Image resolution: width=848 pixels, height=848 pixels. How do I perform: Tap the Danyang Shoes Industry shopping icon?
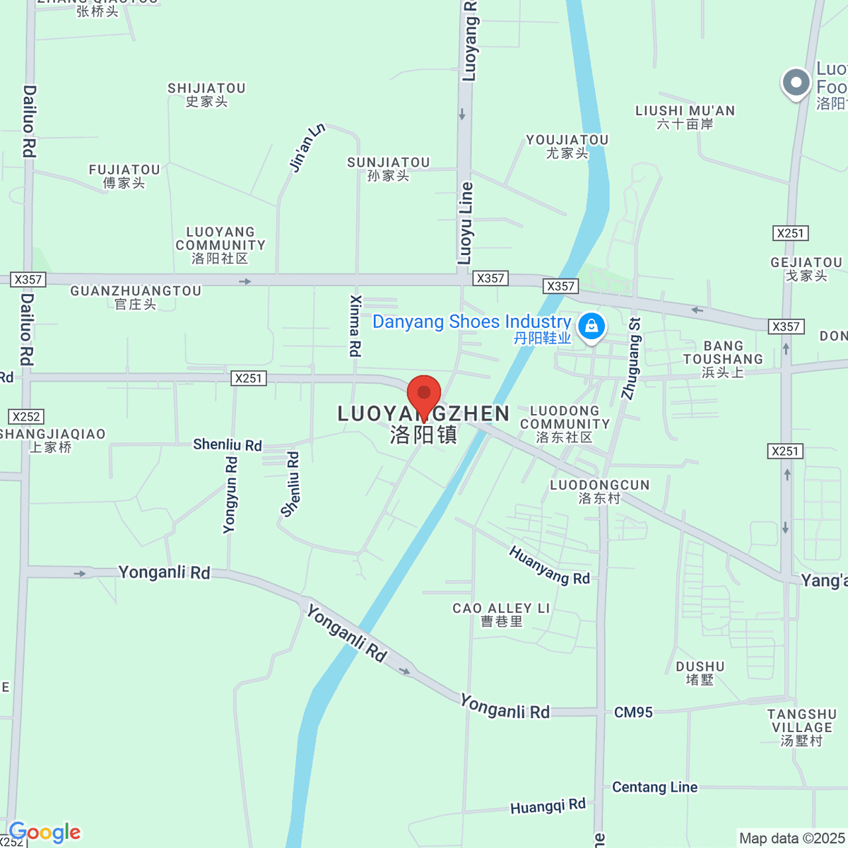coord(591,326)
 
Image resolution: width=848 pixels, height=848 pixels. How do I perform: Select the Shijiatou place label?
coord(206,95)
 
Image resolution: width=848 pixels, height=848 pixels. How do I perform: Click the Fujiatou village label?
coord(124,176)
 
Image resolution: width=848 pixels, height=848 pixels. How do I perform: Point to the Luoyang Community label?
coord(220,245)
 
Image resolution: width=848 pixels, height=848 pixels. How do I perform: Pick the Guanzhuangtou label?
coord(136,297)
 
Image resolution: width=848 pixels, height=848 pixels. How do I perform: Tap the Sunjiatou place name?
coord(389,169)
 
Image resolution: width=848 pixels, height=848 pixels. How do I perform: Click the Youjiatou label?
coord(567,146)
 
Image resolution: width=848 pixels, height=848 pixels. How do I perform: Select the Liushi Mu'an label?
coord(685,117)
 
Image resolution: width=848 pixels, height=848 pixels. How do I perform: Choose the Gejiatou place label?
coord(806,269)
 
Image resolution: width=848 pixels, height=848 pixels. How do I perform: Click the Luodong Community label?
coord(565,424)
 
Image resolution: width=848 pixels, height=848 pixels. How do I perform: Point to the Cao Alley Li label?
coord(501,614)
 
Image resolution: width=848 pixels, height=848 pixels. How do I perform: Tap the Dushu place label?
coord(700,673)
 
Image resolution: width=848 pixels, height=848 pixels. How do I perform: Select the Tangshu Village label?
coord(802,727)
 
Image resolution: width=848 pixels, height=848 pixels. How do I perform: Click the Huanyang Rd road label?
coord(549,566)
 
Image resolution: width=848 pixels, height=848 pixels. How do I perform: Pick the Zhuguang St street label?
coord(631,359)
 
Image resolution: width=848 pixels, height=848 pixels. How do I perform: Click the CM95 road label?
coord(633,712)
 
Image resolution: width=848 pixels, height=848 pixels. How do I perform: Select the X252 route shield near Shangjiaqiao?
coord(26,417)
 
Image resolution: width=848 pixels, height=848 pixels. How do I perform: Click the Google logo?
coord(45,833)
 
